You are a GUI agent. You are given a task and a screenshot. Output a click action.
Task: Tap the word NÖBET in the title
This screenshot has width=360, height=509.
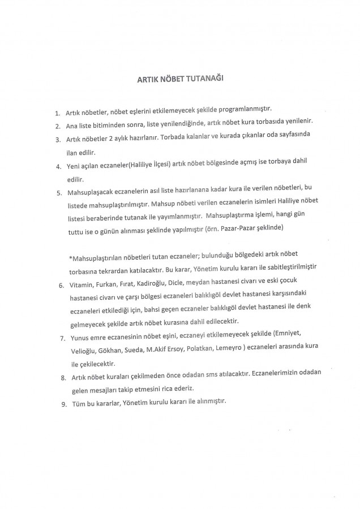click(x=170, y=80)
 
